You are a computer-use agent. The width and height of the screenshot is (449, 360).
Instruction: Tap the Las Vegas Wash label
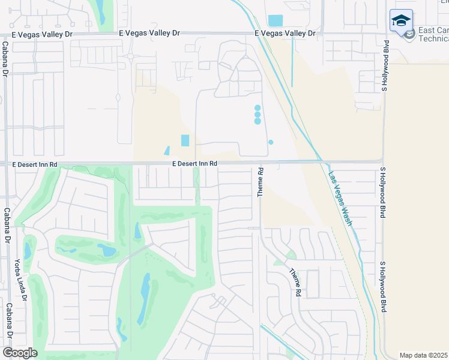339,199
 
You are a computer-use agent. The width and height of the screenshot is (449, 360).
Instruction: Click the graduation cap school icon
400,22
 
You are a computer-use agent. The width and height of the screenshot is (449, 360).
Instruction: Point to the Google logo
20,353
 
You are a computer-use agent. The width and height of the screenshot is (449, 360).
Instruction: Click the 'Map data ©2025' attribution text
423,355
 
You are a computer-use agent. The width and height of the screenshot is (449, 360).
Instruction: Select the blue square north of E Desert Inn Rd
185,140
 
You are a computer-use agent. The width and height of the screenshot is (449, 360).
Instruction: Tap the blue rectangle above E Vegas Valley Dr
275,20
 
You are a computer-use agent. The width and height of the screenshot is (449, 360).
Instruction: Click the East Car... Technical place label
433,34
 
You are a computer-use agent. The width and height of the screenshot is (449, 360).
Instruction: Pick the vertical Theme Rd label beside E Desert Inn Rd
261,182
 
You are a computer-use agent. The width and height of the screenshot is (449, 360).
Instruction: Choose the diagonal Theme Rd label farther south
295,282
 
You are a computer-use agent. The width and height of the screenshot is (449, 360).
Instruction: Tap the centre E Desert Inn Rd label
194,163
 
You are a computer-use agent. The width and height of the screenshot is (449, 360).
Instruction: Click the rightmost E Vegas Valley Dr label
285,34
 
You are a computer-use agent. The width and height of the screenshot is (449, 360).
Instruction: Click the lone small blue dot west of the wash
271,142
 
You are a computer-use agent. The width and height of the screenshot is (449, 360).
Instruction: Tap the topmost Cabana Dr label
4,58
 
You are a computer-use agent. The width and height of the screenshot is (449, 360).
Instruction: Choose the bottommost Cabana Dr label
10,321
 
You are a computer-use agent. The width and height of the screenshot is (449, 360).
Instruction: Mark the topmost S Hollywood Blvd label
386,66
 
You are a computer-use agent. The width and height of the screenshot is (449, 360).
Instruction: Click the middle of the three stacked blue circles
258,114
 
